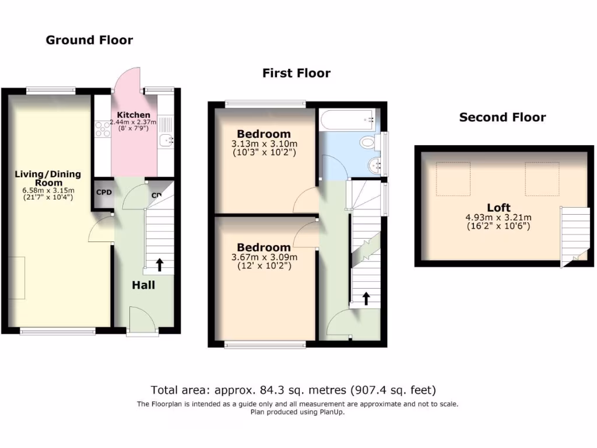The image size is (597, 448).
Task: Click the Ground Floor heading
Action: coord(89,40)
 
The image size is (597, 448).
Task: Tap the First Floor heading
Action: coord(296,73)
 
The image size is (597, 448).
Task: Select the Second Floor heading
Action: coord(503,117)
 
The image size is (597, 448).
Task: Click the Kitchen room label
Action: coord(134,115)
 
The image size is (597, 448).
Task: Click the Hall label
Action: coord(143,285)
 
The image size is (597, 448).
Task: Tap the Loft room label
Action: coord(498,208)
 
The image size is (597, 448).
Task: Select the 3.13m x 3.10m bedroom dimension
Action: coord(265,144)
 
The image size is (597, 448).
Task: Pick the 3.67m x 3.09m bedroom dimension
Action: coord(265,257)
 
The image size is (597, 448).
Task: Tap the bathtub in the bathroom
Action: coord(346,120)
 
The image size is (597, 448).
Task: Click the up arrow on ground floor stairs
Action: coord(159,265)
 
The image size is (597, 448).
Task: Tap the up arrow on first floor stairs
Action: coord(366,299)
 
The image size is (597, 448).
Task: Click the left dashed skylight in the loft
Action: coord(453,178)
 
